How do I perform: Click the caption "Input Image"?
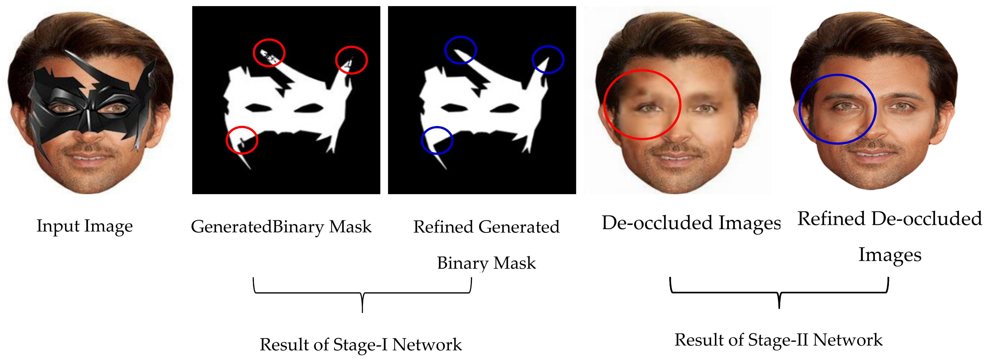(x=84, y=226)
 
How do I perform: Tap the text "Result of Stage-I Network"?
(x=360, y=344)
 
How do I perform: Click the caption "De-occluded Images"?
(x=691, y=223)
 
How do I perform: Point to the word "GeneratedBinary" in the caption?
(x=232, y=226)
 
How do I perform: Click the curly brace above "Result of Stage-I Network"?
(x=362, y=293)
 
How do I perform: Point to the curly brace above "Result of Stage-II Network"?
(x=779, y=293)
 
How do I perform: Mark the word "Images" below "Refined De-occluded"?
(x=889, y=255)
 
